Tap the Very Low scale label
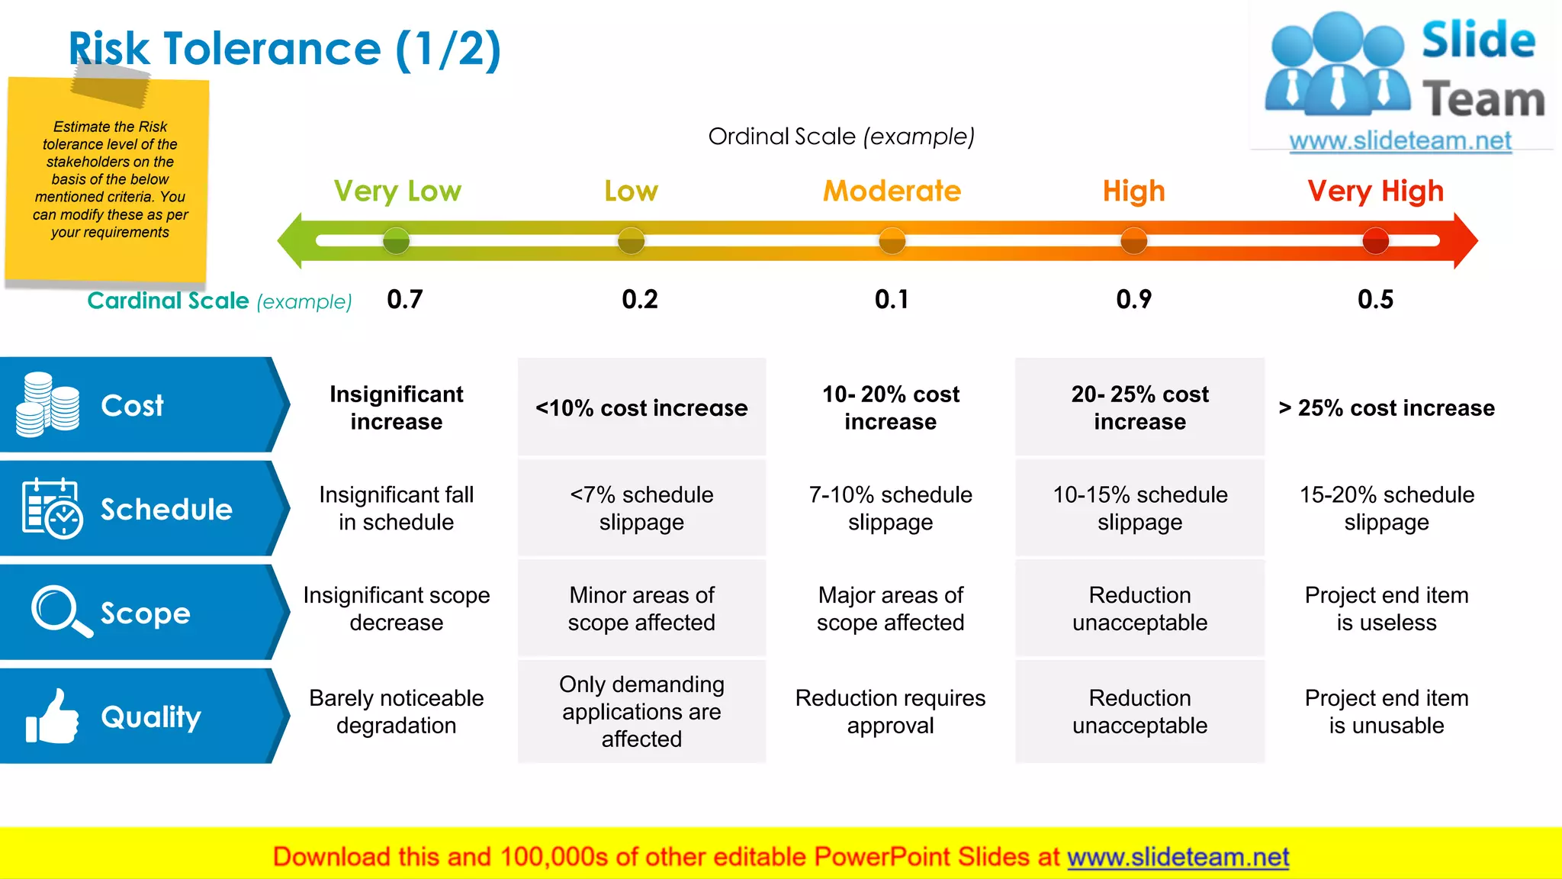[397, 191]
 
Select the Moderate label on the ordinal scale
[892, 191]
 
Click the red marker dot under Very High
[1375, 241]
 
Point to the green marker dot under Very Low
[396, 241]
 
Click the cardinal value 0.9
[1133, 299]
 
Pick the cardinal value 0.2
[639, 299]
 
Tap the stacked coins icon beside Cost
[47, 405]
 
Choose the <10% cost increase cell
[641, 408]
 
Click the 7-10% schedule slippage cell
[890, 508]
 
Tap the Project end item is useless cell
[1386, 609]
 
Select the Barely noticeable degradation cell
[396, 712]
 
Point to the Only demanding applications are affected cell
[641, 712]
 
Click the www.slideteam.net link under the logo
[1400, 141]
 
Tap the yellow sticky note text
[110, 179]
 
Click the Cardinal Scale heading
[168, 301]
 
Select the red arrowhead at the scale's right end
[1464, 241]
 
